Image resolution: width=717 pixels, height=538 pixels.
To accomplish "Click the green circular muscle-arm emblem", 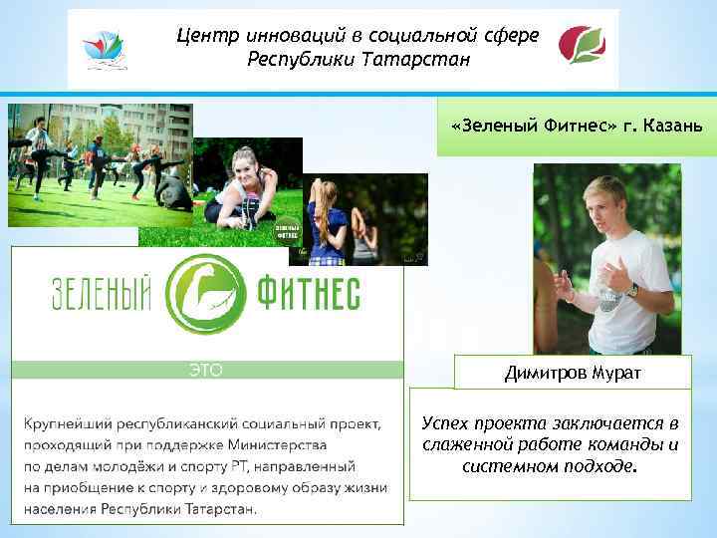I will click(x=205, y=294).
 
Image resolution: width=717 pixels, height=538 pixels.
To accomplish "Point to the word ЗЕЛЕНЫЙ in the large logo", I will click(x=101, y=295).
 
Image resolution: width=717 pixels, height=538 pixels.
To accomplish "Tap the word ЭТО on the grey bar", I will click(x=205, y=370).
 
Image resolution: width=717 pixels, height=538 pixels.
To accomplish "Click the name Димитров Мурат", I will click(x=572, y=374).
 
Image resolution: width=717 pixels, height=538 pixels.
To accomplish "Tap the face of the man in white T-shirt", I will click(x=602, y=203).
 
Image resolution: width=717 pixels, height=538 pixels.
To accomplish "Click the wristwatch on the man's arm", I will click(x=631, y=290).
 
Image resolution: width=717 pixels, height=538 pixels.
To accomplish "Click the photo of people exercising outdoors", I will click(x=100, y=164).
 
